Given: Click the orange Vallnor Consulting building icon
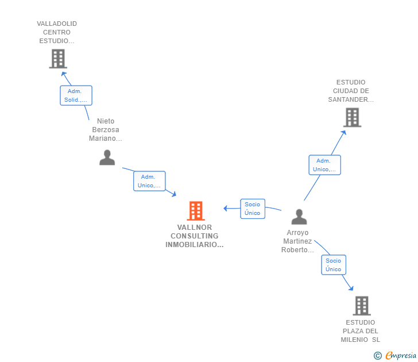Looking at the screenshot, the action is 196,211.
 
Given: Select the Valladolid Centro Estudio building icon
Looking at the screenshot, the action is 58,59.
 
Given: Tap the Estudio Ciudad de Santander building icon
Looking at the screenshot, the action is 352,117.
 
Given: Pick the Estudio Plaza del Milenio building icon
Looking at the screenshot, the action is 361,306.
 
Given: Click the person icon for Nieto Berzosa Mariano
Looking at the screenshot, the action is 107,157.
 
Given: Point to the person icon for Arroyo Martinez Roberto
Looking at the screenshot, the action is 299,217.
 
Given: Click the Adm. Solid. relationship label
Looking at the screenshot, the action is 76,95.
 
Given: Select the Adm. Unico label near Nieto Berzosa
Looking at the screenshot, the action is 149,181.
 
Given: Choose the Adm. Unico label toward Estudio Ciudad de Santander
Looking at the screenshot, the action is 324,165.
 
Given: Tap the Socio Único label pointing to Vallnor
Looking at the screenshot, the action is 252,209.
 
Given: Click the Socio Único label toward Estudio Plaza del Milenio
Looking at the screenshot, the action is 333,265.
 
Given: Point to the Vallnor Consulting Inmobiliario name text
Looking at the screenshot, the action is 194,236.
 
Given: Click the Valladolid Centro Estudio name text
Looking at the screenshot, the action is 57,32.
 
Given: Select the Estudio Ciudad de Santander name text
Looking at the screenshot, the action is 351,91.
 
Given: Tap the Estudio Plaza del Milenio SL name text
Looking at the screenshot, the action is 361,331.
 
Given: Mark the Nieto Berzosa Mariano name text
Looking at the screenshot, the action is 106,130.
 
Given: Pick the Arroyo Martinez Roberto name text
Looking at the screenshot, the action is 297,241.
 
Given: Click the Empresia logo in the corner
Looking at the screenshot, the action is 401,355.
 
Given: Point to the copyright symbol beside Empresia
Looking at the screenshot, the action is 377,356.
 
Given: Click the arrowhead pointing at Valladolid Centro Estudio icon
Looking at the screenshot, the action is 64,73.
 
